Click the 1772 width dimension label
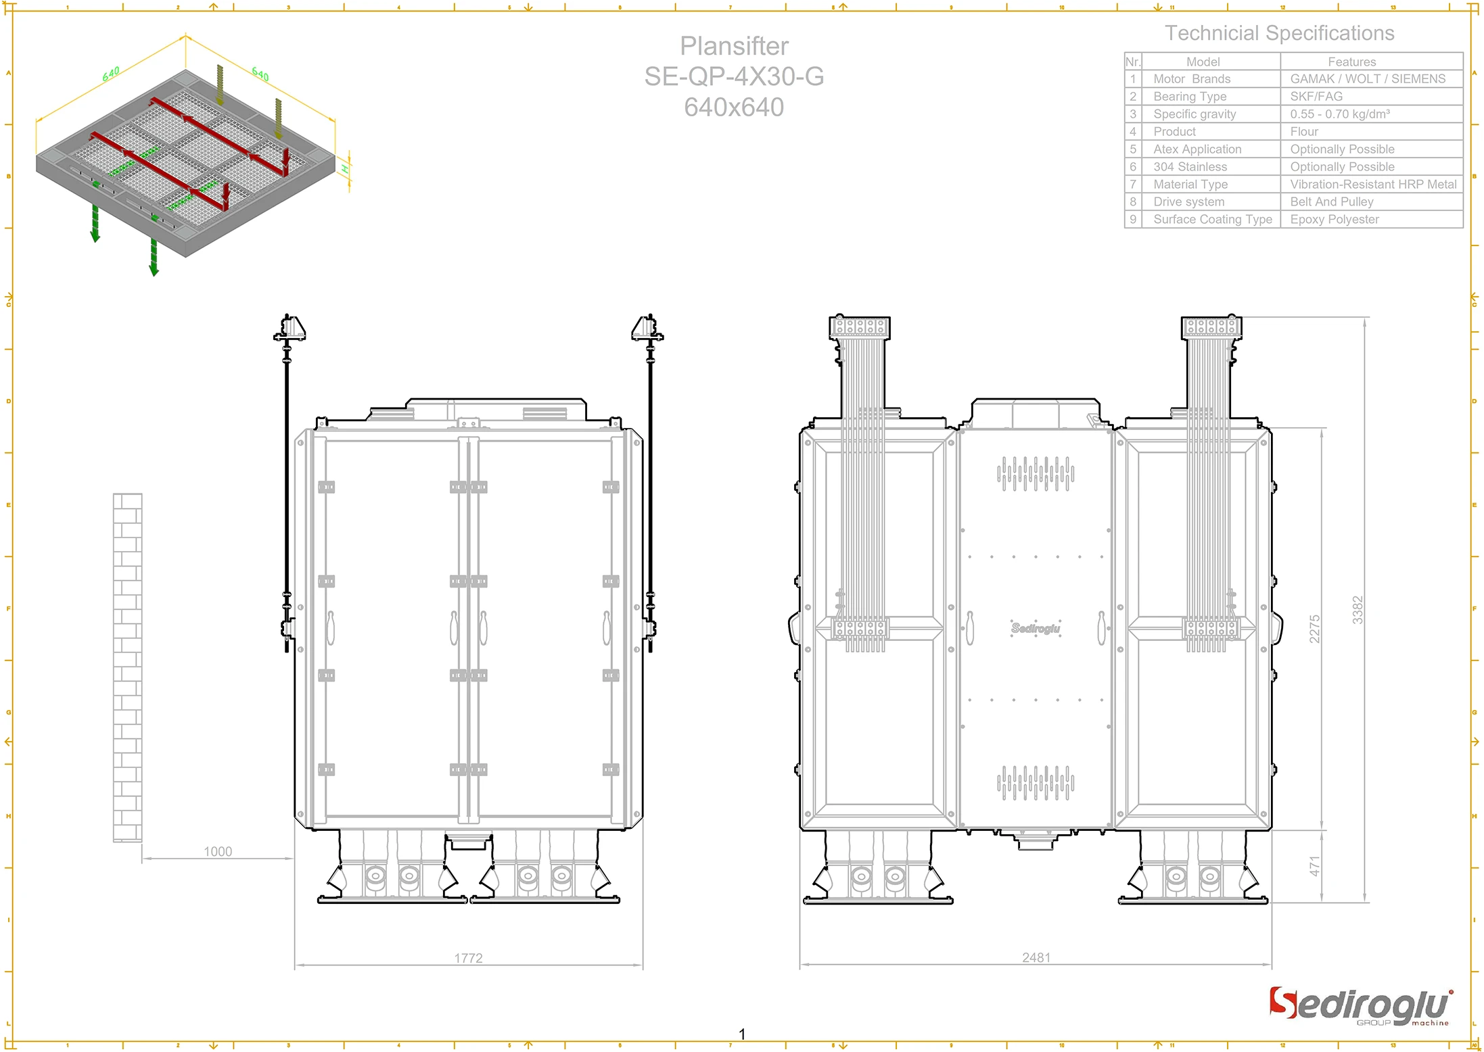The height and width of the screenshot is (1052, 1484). pyautogui.click(x=468, y=957)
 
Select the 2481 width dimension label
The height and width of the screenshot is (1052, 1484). pyautogui.click(x=1036, y=957)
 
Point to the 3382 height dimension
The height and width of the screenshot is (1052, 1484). pyautogui.click(x=1357, y=609)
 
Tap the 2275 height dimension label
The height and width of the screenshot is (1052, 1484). pyautogui.click(x=1314, y=628)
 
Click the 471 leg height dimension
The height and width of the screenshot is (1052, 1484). pyautogui.click(x=1314, y=866)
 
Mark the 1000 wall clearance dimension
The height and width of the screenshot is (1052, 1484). pyautogui.click(x=218, y=851)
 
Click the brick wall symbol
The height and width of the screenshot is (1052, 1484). pyautogui.click(x=127, y=667)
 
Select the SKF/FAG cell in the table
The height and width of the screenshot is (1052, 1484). pyautogui.click(x=1316, y=97)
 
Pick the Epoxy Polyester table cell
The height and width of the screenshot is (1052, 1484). pyautogui.click(x=1334, y=219)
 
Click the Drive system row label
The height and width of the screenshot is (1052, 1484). pyautogui.click(x=1188, y=201)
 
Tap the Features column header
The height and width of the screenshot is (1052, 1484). pyautogui.click(x=1351, y=62)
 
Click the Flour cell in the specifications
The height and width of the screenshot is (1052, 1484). pyautogui.click(x=1303, y=132)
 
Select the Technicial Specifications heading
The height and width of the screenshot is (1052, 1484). pyautogui.click(x=1279, y=33)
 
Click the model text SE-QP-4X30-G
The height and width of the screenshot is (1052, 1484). pyautogui.click(x=734, y=76)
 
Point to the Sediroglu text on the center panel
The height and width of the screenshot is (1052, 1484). pyautogui.click(x=1036, y=628)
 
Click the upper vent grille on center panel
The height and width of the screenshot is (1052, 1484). pyautogui.click(x=1035, y=473)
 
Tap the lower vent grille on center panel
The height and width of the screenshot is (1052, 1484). pyautogui.click(x=1035, y=782)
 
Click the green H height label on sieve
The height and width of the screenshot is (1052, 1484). pyautogui.click(x=345, y=169)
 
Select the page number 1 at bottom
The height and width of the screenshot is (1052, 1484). pyautogui.click(x=742, y=1034)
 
